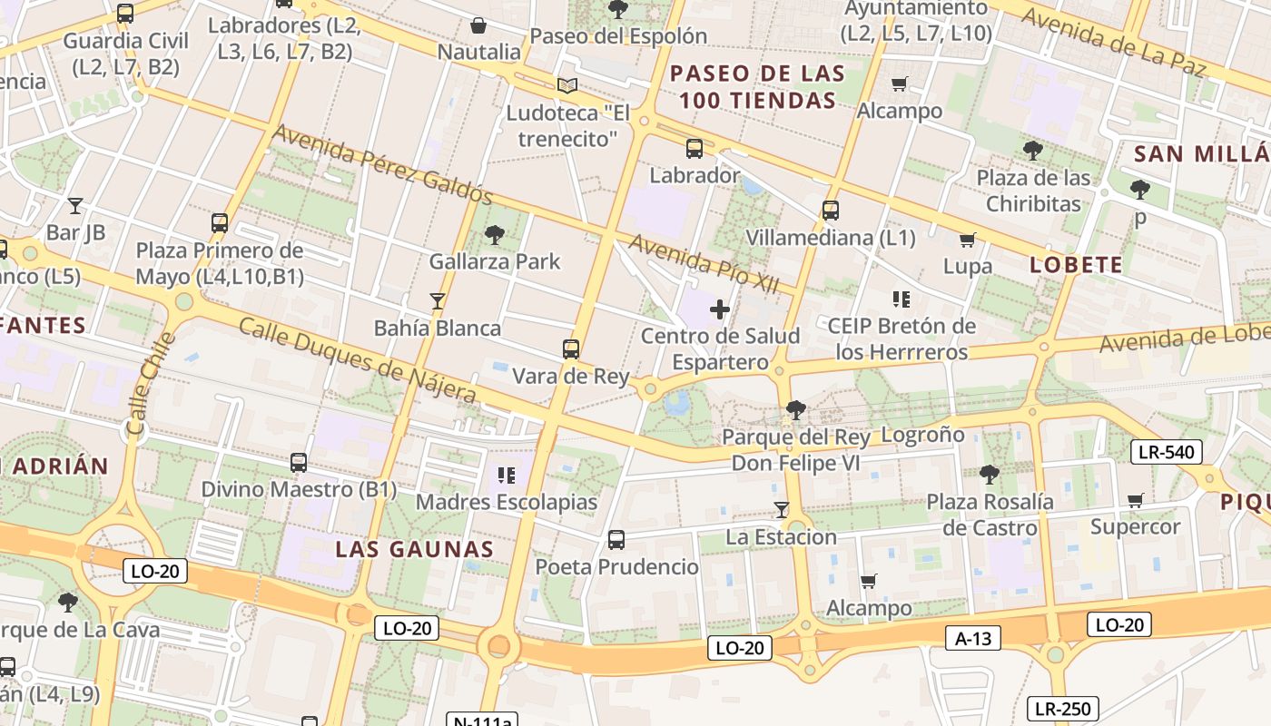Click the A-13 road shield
(x=973, y=638)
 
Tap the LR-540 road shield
(x=1166, y=452)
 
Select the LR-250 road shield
(x=1063, y=709)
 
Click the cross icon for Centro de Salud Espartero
(x=720, y=309)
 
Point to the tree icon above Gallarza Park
(x=495, y=235)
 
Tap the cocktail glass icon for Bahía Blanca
(x=438, y=301)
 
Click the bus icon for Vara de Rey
(x=570, y=349)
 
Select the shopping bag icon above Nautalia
(x=478, y=25)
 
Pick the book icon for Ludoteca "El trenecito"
(x=567, y=86)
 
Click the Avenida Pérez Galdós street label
(x=382, y=164)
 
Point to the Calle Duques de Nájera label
(x=357, y=360)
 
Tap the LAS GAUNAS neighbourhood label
(x=414, y=549)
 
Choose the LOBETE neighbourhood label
(x=1076, y=265)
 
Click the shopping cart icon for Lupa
(x=967, y=240)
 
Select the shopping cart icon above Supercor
(x=1135, y=500)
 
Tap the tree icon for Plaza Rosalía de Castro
(x=990, y=475)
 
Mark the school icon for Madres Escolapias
(x=507, y=475)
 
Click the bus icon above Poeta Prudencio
(x=616, y=540)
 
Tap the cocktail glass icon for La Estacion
(x=781, y=510)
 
